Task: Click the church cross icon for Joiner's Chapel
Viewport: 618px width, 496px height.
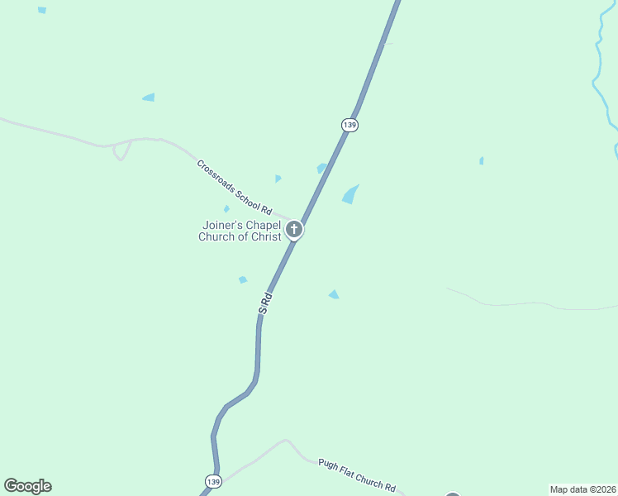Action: (294, 229)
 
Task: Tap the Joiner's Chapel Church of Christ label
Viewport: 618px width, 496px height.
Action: (240, 231)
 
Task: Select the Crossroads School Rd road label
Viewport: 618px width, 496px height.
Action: (234, 187)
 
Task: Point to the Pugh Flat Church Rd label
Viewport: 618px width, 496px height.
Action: (357, 476)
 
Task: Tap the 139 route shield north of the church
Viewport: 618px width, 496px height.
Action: (349, 124)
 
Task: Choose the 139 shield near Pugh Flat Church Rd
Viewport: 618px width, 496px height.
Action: (212, 481)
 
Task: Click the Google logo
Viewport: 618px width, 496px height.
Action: (27, 486)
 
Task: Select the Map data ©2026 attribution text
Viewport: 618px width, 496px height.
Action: (582, 489)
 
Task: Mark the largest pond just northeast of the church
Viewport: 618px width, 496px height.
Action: (350, 195)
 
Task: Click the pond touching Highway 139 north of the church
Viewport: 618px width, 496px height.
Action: (321, 168)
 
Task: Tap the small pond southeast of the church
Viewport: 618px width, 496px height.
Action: (334, 294)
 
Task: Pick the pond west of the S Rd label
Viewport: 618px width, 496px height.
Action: (243, 279)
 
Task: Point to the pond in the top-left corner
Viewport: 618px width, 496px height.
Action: (42, 10)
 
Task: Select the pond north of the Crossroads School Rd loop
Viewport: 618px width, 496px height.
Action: (149, 98)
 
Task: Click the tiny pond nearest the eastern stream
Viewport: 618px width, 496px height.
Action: (481, 160)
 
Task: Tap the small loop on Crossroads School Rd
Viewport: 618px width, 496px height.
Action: (121, 151)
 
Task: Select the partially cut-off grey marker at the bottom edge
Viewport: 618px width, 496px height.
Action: (452, 493)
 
